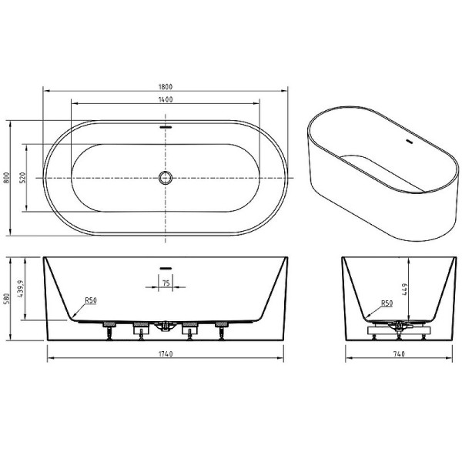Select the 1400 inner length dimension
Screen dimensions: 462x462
click(165, 100)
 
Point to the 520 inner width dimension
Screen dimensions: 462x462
click(23, 178)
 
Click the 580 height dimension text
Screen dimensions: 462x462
click(8, 300)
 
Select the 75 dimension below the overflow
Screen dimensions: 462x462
click(166, 284)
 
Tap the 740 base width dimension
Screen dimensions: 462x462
click(397, 353)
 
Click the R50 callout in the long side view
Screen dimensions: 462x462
click(91, 300)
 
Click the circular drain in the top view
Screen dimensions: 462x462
click(165, 178)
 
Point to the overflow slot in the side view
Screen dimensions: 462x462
click(165, 269)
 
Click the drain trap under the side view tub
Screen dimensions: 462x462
click(164, 328)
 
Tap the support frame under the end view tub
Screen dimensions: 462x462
click(397, 329)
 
